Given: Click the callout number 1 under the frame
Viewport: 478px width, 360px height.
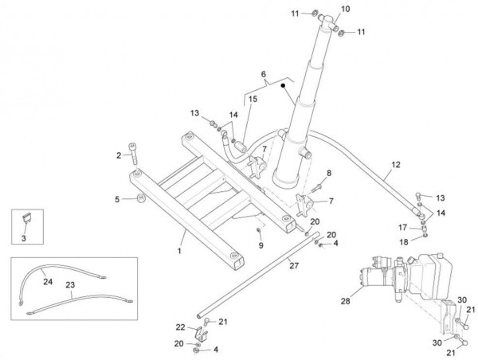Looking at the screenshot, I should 180,252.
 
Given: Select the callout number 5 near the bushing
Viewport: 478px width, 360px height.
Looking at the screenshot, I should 117,199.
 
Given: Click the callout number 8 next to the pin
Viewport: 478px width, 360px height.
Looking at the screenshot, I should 328,174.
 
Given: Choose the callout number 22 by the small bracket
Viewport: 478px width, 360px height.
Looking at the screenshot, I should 180,327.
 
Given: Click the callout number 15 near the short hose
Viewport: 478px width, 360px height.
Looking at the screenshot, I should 253,99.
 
